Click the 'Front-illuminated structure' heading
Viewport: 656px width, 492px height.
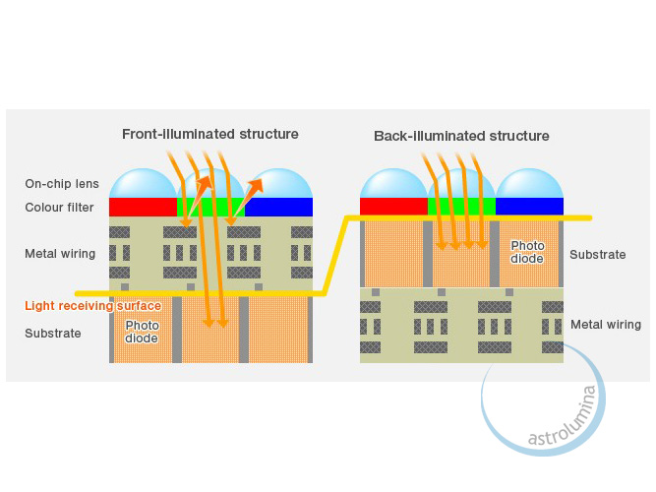(209, 134)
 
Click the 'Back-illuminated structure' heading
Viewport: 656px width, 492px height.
(461, 136)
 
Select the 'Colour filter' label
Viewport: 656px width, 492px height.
(60, 208)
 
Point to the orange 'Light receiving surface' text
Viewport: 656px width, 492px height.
(92, 306)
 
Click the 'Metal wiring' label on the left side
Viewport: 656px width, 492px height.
(60, 254)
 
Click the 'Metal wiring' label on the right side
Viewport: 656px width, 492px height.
(606, 325)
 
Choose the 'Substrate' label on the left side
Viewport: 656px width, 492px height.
(53, 334)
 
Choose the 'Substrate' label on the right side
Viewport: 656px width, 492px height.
(597, 255)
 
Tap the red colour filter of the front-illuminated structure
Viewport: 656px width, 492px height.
(142, 208)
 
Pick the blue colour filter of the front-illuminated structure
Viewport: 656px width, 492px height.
(278, 208)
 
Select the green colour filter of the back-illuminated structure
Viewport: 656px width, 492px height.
(461, 206)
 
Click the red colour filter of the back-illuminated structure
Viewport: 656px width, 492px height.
(393, 206)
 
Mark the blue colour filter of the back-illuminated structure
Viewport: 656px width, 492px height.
(529, 206)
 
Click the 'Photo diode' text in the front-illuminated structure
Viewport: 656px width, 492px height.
(142, 333)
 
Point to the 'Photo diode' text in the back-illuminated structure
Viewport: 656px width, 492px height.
(527, 253)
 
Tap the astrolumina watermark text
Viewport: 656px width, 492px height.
(559, 418)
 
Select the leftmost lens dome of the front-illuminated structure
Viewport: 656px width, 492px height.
(142, 184)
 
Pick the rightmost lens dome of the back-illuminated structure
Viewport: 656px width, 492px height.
(529, 183)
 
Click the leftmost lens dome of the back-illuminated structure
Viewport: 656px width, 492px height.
(393, 183)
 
